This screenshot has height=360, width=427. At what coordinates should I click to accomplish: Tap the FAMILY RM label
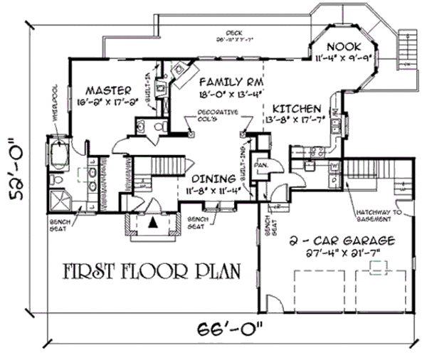tap(221, 82)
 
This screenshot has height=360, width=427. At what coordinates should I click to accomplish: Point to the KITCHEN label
tap(293, 109)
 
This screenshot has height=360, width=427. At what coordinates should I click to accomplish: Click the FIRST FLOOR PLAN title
tap(150, 272)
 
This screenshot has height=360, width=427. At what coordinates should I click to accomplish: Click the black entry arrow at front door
tap(152, 221)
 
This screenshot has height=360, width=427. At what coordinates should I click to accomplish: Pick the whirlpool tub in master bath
tap(58, 156)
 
